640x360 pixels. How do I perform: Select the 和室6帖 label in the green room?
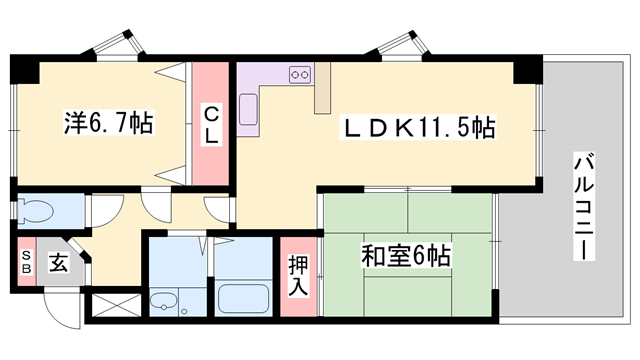coord(405,256)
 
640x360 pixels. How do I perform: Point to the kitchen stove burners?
coord(300,74)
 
